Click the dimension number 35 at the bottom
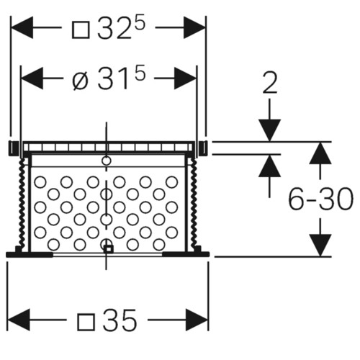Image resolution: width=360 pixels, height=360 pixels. (x=120, y=320)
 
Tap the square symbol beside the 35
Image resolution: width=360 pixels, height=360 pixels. (x=86, y=322)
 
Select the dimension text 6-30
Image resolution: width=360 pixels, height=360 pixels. (x=320, y=199)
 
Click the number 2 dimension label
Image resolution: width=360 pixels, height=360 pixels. (x=270, y=82)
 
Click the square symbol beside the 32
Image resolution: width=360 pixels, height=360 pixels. (x=81, y=30)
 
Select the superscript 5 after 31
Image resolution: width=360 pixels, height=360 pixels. (x=140, y=74)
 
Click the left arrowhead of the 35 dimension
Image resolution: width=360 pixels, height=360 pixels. (x=19, y=320)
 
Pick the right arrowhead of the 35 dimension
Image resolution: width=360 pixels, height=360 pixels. (x=197, y=320)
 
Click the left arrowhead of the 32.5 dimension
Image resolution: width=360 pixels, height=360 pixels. (x=22, y=27)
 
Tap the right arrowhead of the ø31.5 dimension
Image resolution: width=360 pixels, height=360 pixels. (x=185, y=78)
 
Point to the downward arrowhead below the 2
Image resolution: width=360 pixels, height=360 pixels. (x=269, y=130)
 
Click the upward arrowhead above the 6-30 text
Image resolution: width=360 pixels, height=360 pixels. (x=320, y=153)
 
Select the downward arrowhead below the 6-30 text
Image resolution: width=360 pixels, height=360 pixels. (x=320, y=246)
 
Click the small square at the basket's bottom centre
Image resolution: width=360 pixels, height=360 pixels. (x=109, y=249)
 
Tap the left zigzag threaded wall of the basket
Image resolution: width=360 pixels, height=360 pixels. (x=22, y=204)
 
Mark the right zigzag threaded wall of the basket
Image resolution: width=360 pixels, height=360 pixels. (x=194, y=204)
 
